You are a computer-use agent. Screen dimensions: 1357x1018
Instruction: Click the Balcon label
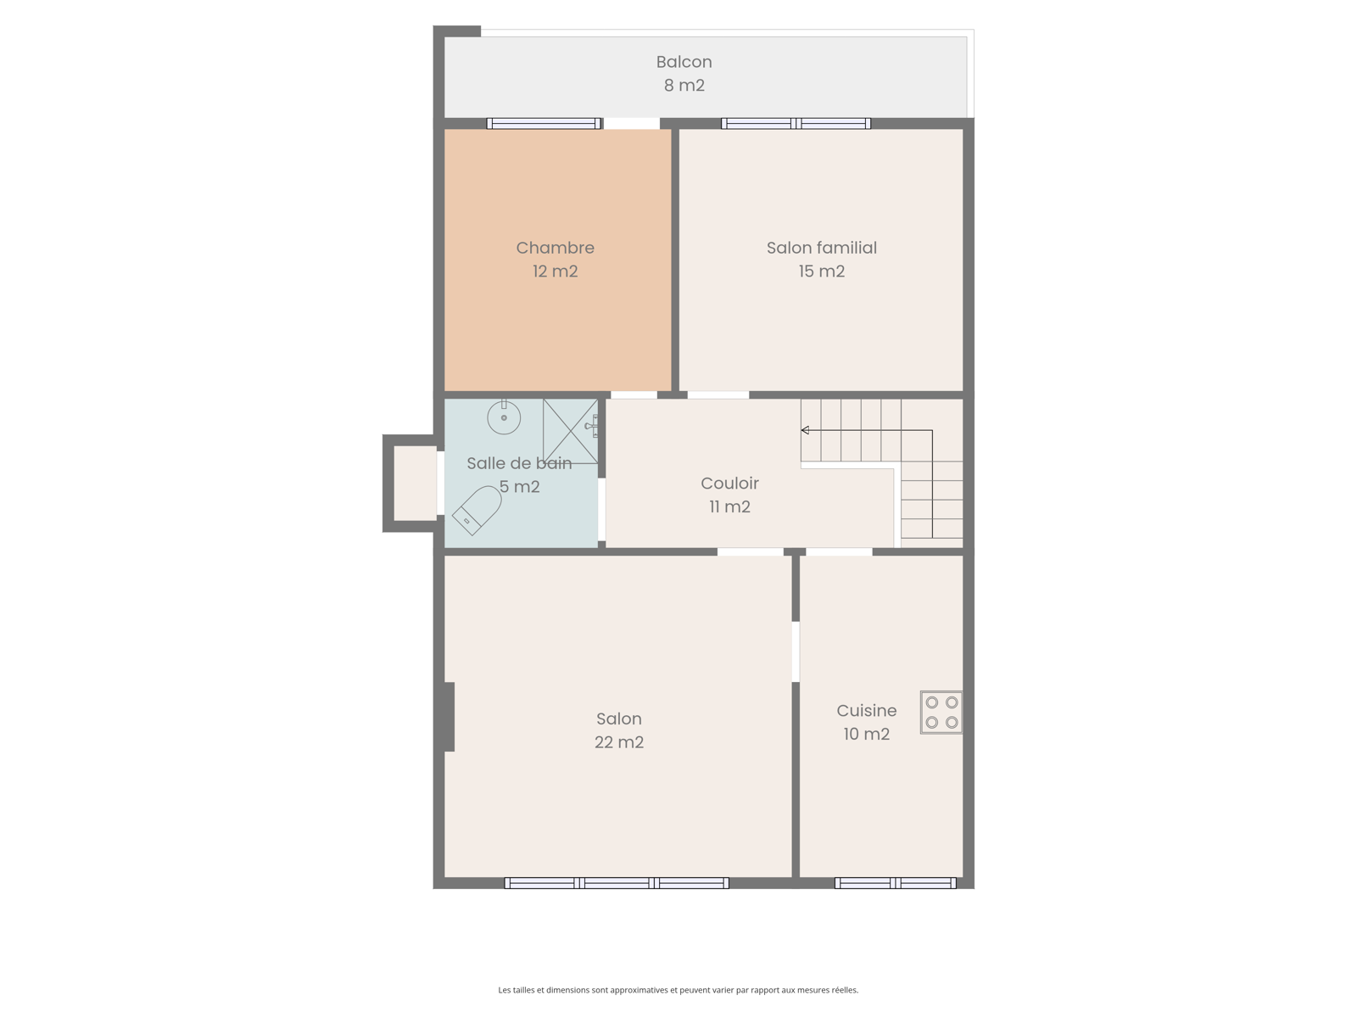tap(684, 62)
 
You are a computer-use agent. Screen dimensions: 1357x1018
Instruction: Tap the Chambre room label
tap(556, 248)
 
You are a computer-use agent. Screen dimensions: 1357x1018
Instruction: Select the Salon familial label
tap(822, 248)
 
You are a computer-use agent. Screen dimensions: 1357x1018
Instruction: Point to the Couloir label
tap(729, 484)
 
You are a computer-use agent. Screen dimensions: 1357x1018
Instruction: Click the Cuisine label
tap(866, 711)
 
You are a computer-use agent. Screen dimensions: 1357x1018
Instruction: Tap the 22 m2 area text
tap(619, 742)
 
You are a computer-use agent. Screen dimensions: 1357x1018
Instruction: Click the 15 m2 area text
tap(822, 271)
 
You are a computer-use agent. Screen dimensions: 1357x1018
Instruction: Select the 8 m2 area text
tap(684, 86)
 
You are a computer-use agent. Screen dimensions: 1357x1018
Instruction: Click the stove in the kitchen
tap(941, 712)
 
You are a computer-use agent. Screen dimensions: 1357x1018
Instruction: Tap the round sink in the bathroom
tap(504, 418)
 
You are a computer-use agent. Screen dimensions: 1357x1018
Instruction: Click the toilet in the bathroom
tap(477, 510)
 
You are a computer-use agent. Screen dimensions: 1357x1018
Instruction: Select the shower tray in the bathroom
tap(570, 432)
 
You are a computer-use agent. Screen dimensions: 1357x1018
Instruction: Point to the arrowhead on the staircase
tap(805, 430)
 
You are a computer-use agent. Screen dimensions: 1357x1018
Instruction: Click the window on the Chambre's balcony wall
tap(544, 124)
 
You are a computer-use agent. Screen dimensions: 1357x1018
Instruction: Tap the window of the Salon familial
tap(796, 124)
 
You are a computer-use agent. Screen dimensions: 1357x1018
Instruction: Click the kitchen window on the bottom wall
tap(895, 883)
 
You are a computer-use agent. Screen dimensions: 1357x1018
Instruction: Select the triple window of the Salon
tap(617, 883)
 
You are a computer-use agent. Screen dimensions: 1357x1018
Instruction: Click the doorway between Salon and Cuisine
tap(796, 652)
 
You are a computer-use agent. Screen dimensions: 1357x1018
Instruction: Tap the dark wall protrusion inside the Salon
tap(450, 717)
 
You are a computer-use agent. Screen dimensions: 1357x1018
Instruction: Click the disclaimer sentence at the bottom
tap(678, 989)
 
